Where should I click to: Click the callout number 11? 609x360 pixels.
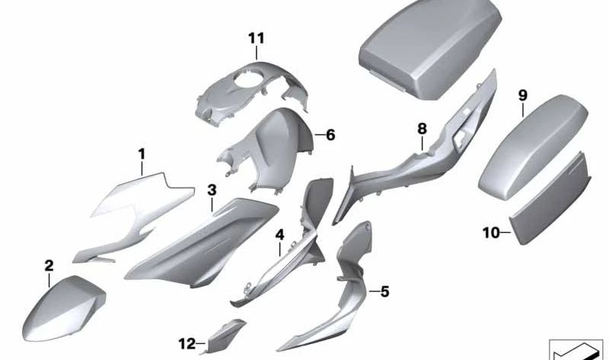(257, 38)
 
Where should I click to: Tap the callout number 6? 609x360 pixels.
(330, 135)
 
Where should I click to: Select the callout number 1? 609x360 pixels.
(142, 154)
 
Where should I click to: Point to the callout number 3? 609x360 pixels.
(212, 190)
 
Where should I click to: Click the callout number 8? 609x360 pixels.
(422, 129)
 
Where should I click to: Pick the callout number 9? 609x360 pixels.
(523, 95)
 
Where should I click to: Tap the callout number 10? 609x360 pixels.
(491, 233)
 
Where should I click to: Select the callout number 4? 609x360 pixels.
(279, 234)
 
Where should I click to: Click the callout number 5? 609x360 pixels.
(384, 292)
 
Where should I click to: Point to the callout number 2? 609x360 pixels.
(49, 266)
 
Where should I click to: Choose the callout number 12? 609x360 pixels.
(187, 344)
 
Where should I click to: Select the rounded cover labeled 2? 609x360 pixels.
(64, 309)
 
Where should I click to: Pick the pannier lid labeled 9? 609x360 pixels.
(532, 147)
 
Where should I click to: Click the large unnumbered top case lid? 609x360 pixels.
(430, 46)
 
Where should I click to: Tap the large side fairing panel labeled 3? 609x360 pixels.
(202, 243)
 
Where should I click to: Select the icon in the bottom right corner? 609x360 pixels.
(579, 349)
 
